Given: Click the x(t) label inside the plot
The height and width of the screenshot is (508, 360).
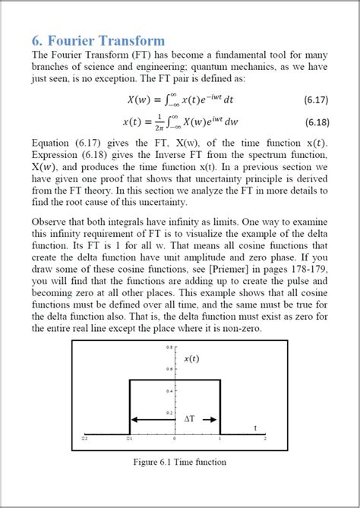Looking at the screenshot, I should click(x=193, y=358).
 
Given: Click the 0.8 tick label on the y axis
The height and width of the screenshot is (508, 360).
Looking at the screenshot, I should click(x=170, y=347).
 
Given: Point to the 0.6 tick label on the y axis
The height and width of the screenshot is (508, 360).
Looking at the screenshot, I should click(x=170, y=369).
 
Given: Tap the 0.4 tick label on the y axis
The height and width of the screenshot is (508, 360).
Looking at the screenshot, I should click(x=170, y=391).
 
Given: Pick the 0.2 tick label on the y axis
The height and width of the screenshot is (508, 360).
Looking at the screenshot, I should click(x=170, y=413).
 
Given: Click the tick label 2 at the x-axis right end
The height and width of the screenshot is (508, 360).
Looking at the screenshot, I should click(x=264, y=439).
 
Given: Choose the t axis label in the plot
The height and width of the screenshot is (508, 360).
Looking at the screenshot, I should click(x=254, y=428).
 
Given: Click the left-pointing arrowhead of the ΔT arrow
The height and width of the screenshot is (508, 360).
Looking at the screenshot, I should click(x=134, y=418).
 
